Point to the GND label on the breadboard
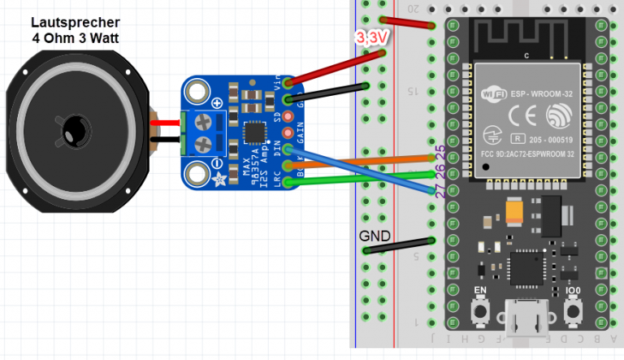(x=375, y=236)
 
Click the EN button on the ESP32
(x=480, y=310)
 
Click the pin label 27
(x=440, y=193)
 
